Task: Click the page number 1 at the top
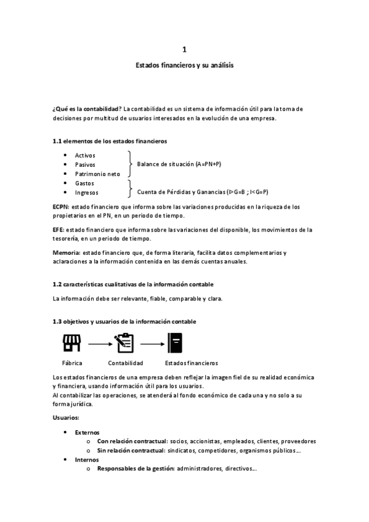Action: coord(185,50)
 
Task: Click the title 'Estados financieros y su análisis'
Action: coord(185,65)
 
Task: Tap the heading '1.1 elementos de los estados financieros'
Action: coord(110,141)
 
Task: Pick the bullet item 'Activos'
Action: coord(85,156)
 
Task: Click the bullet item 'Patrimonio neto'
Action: coord(97,174)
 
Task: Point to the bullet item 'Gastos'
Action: coord(85,183)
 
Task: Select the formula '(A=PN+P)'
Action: coord(208,164)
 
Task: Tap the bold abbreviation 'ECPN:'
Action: coord(62,207)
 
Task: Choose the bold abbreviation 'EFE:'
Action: coord(59,230)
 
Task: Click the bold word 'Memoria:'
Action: coord(67,252)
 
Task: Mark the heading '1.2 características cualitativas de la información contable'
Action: coord(133,284)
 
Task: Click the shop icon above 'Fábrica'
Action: coord(72,342)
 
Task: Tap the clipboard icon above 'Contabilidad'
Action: coord(124,342)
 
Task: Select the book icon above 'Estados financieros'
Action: coord(175,342)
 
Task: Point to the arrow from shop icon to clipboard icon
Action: coord(99,342)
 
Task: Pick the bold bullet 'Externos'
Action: coord(87,432)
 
